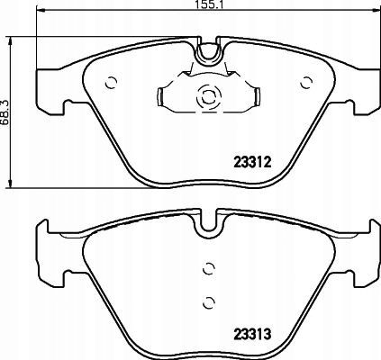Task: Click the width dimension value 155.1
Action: (208, 4)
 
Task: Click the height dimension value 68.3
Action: (5, 112)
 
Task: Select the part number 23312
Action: (252, 163)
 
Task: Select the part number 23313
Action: (252, 334)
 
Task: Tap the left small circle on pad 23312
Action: (111, 83)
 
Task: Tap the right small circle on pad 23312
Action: (307, 83)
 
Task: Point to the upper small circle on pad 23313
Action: (209, 268)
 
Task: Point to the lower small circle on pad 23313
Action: (209, 302)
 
